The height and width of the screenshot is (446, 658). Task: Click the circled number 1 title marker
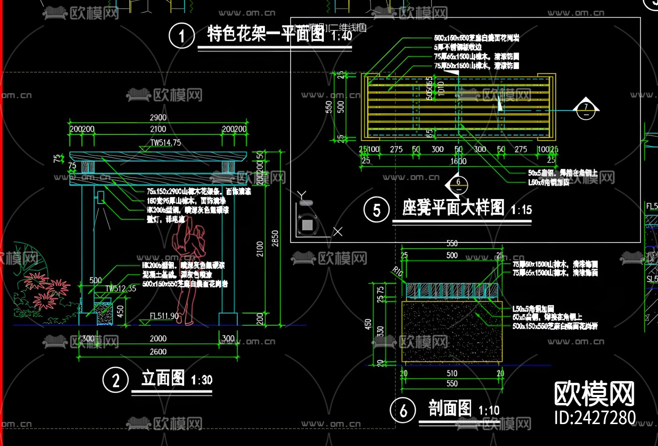point(182,36)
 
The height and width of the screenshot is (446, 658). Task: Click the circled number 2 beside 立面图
point(116,380)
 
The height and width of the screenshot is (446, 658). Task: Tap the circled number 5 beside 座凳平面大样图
point(377,210)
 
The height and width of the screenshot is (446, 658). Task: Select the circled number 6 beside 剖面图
point(403,410)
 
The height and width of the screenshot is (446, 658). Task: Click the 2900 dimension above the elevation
point(158,117)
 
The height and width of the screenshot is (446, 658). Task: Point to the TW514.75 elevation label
point(166,142)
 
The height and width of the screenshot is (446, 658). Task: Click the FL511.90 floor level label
point(164,316)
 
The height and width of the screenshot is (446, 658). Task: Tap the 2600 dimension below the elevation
point(158,351)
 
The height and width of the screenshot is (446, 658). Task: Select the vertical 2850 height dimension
point(275,238)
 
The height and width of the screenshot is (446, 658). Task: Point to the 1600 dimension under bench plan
point(458,161)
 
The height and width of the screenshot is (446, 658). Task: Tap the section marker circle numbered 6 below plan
point(458,184)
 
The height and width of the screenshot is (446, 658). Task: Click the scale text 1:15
point(521,210)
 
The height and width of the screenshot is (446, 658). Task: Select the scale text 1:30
point(201,380)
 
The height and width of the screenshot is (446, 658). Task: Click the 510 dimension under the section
point(452,373)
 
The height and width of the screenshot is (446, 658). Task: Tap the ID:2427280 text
point(595,418)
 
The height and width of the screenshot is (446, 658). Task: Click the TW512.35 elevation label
point(121,289)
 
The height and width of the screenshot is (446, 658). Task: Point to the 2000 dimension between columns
point(158,339)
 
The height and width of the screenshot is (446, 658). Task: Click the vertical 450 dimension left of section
point(368,324)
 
